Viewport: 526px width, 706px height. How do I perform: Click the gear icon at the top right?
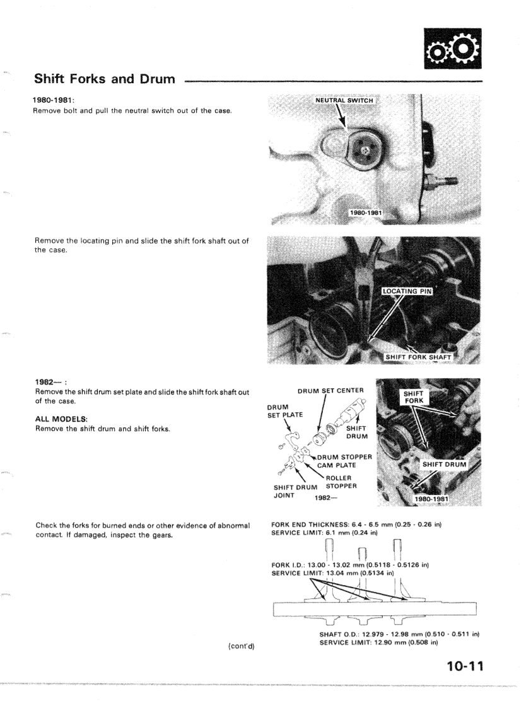[x=451, y=47]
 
